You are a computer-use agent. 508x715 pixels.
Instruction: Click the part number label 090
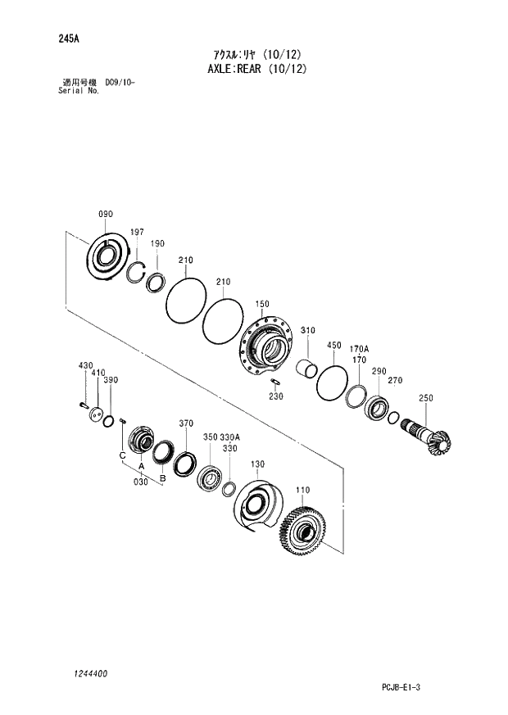[106, 215]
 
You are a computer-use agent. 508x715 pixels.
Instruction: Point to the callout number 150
[261, 304]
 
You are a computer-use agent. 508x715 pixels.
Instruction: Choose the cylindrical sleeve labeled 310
[306, 369]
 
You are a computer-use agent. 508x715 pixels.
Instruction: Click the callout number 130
[257, 464]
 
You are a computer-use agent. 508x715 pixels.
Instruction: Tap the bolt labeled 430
[83, 402]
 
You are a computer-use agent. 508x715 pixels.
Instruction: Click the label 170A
[360, 348]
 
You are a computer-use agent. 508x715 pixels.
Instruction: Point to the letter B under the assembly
[162, 477]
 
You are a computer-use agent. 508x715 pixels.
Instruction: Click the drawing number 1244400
[84, 673]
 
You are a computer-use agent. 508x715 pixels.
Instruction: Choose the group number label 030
[142, 482]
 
